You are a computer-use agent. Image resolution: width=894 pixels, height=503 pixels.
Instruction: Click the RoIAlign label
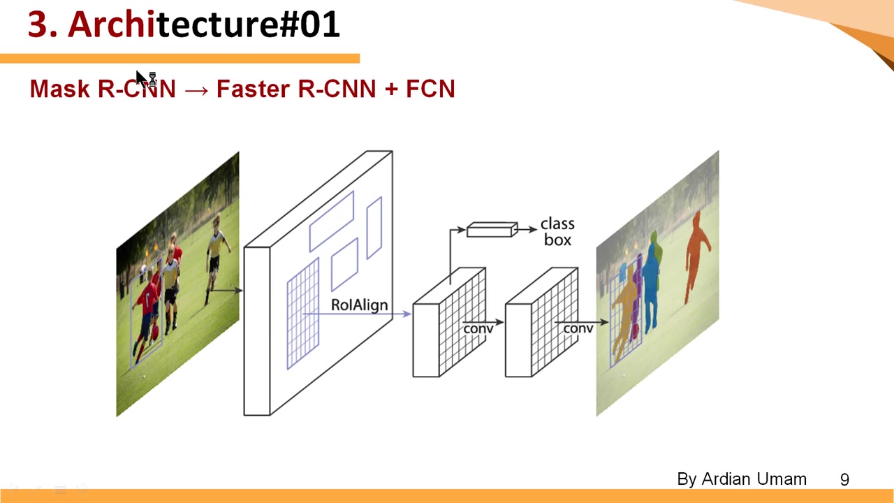359,305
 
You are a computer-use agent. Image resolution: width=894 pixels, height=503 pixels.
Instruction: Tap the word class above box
557,224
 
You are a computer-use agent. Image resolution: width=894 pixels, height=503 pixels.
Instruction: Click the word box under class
557,240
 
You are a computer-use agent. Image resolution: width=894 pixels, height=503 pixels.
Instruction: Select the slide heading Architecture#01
184,25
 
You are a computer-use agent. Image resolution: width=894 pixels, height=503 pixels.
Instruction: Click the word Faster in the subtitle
252,89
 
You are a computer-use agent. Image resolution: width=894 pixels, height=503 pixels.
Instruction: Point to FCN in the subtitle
430,89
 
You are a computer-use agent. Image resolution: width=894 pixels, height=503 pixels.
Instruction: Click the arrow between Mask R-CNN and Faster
196,90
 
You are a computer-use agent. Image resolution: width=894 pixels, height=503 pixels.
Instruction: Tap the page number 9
844,480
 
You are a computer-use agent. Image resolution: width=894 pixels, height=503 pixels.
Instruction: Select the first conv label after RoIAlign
478,328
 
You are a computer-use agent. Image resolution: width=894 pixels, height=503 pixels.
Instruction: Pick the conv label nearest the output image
578,328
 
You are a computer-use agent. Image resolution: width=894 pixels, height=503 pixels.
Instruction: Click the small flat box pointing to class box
492,230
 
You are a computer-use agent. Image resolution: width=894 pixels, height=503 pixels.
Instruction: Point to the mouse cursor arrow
142,78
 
